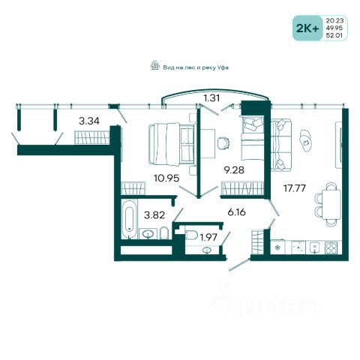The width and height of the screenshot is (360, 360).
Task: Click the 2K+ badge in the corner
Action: click(307, 28)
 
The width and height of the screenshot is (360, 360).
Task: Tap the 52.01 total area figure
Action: click(334, 35)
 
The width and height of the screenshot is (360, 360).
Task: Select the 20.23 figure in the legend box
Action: click(334, 20)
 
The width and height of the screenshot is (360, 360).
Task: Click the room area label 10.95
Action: click(166, 178)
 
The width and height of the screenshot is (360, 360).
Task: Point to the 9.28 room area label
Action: click(234, 170)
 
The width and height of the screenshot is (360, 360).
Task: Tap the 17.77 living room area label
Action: click(295, 188)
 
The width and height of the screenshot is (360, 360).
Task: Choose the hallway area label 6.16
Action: click(236, 212)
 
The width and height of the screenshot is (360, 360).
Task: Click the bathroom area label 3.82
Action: click(154, 214)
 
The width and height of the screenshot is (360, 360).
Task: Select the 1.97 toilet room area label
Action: click(208, 237)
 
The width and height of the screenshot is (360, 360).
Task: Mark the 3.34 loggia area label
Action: click(89, 121)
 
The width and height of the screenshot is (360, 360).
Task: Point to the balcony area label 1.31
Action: click(211, 98)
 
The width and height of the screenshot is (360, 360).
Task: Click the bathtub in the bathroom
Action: click(130, 219)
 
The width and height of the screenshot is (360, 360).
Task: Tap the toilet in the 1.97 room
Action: click(192, 235)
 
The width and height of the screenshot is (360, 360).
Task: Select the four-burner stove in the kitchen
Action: click(331, 248)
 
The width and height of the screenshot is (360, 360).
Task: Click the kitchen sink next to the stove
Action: click(314, 248)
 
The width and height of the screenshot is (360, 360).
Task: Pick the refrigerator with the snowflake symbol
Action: click(277, 247)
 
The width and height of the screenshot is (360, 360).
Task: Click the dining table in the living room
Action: click(331, 205)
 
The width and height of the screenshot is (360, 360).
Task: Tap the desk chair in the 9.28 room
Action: click(223, 143)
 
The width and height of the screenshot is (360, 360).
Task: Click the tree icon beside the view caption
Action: click(155, 65)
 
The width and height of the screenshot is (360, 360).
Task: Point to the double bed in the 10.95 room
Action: click(172, 144)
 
